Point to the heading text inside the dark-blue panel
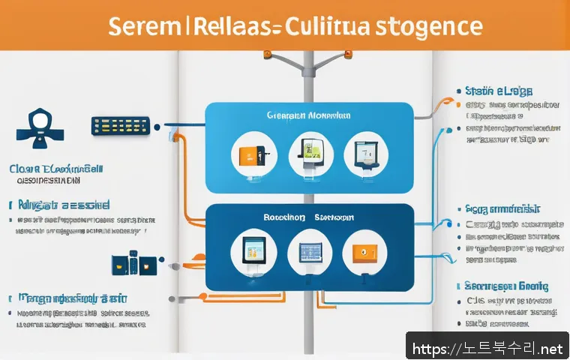coord(307,217)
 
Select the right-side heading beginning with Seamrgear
coord(507,286)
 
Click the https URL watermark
coord(486,348)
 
